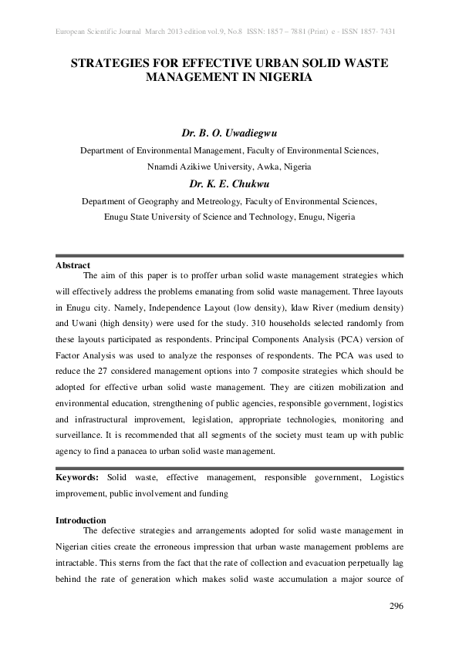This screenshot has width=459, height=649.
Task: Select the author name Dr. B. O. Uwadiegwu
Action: pos(229,133)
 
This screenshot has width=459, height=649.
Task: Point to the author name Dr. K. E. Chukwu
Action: pos(229,183)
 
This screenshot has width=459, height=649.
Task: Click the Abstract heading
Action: pos(73,265)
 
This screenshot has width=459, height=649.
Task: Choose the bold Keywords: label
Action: pos(77,478)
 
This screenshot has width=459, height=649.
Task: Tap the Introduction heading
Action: pos(81,520)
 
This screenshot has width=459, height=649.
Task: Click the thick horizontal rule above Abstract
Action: pos(229,256)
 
